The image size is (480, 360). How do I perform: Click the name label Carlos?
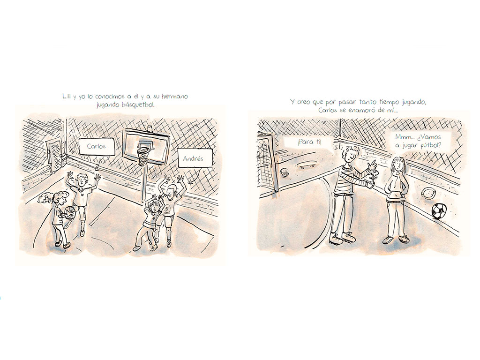(x=96, y=146)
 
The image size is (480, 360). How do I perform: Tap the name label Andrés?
(x=193, y=158)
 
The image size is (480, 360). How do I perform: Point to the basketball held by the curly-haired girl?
(x=70, y=212)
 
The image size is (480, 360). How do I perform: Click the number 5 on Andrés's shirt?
(x=167, y=210)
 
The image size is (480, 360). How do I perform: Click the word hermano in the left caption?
(x=175, y=97)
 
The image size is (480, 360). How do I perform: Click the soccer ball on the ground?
(x=439, y=210)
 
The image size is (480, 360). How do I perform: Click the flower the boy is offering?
(x=374, y=178)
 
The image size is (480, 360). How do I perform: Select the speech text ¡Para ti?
(x=309, y=142)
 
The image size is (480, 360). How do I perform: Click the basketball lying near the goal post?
(x=284, y=172)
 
